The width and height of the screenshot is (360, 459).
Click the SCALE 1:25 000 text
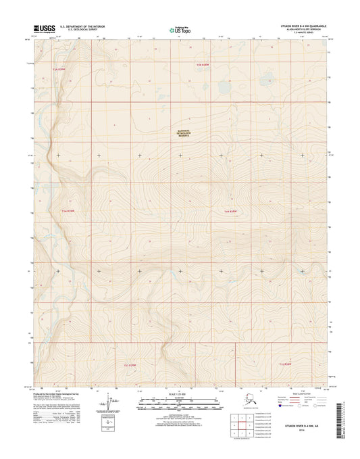click(180, 393)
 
